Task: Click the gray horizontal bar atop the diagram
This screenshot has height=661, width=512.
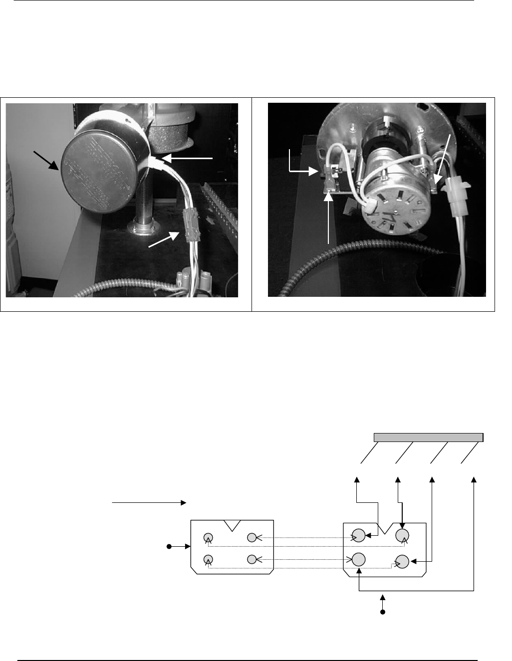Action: [429, 438]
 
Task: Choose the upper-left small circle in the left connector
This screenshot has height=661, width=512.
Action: [209, 537]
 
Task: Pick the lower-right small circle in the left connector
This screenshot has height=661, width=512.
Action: [252, 559]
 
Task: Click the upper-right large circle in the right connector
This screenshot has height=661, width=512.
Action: [402, 535]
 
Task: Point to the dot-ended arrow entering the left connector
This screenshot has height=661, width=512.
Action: [180, 547]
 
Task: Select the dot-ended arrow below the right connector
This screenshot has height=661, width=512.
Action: [383, 604]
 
